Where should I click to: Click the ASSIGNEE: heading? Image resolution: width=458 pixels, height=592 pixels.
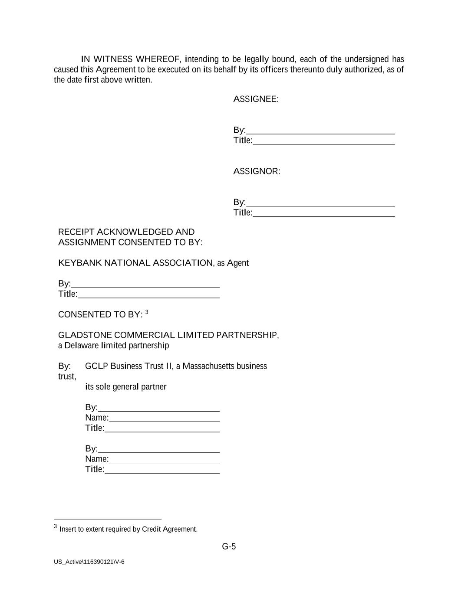tap(256, 99)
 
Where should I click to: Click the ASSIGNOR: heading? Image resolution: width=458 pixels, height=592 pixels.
tap(257, 171)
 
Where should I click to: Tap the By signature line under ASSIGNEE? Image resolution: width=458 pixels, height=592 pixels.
tap(320, 131)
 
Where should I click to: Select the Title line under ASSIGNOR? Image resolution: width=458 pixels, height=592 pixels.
tap(323, 213)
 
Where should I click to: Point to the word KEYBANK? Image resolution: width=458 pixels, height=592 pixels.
tap(80, 263)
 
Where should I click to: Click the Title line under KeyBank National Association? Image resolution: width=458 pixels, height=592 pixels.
tap(148, 295)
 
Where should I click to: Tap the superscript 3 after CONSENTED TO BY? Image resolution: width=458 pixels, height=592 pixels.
tap(147, 312)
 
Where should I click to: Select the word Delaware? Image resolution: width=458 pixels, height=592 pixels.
tap(82, 346)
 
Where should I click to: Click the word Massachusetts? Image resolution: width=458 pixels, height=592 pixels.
tap(210, 366)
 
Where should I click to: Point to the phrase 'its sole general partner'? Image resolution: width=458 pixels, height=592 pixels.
tap(125, 387)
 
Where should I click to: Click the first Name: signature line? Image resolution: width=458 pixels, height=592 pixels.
tap(164, 419)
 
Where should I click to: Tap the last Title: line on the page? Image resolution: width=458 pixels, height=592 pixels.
tap(162, 470)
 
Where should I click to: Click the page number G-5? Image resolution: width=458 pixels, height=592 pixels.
tap(229, 546)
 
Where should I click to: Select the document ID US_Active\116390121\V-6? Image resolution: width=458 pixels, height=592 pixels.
tap(89, 562)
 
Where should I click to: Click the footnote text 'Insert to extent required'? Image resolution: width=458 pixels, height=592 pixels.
tap(128, 529)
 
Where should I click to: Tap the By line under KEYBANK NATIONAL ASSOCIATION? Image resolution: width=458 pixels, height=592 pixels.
tap(145, 285)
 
